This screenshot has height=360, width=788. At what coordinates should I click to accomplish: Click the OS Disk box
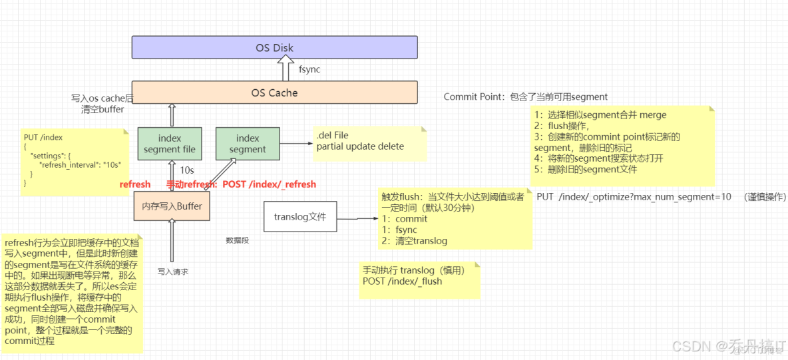click(274, 48)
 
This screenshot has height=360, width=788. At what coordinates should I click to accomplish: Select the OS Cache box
click(274, 92)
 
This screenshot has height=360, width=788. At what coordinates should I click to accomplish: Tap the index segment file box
click(170, 144)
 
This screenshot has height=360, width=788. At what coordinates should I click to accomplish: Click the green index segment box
click(248, 144)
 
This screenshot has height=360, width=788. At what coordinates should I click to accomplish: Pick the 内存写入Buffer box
click(172, 206)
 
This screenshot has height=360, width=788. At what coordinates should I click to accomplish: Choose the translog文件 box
click(299, 217)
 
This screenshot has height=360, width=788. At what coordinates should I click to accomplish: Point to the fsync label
click(309, 69)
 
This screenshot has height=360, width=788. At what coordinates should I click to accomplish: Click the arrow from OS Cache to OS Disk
click(286, 69)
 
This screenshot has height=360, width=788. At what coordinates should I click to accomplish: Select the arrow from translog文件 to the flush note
click(357, 218)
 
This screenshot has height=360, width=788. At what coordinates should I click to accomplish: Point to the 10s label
click(187, 171)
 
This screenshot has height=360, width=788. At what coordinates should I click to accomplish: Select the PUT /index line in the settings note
click(43, 138)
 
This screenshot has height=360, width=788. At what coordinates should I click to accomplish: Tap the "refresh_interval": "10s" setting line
click(80, 164)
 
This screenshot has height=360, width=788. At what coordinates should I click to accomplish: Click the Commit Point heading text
click(473, 97)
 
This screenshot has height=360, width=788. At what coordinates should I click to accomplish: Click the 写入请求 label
click(173, 271)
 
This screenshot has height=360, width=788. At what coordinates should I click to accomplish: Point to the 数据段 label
click(237, 240)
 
